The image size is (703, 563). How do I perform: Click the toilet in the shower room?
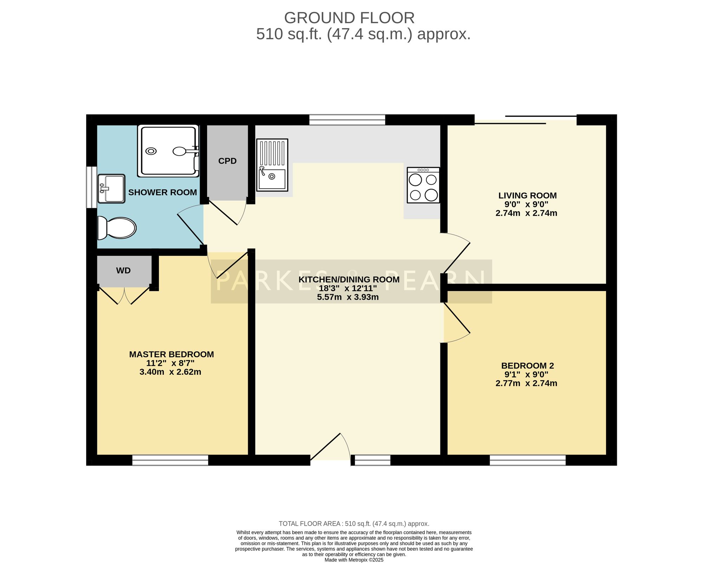tap(117, 228)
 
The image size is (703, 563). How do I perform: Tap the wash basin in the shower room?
tap(111, 189)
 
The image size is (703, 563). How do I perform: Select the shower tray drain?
tap(151, 151)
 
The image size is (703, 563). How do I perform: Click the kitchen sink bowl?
tap(272, 179)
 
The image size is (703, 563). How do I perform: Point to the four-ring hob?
tap(423, 185)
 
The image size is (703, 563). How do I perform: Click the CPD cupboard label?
tap(227, 161)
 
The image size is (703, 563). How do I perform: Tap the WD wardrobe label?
tap(123, 271)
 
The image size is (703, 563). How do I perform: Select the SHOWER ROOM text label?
tap(162, 192)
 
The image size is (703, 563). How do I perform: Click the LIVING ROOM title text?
tap(528, 196)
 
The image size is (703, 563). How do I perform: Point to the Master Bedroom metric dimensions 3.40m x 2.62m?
tap(170, 372)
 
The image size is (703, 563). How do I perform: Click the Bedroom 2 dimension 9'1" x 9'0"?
tap(526, 375)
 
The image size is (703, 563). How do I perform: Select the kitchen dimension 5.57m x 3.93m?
tap(348, 297)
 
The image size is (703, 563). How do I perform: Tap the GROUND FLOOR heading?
tap(349, 18)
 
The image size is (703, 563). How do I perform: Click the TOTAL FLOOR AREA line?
tap(354, 524)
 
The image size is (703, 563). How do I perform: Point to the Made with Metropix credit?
tap(354, 560)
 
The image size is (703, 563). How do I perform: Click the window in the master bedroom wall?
tap(170, 460)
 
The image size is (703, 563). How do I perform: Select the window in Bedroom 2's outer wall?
tap(528, 460)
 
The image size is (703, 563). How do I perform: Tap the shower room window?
tap(92, 187)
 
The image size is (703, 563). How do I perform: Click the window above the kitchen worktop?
tap(347, 120)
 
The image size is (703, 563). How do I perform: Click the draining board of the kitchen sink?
tap(272, 153)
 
